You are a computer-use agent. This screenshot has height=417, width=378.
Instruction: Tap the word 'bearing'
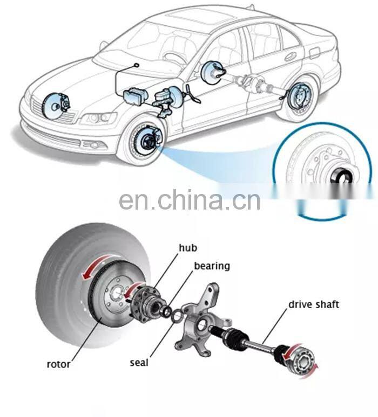tap(212, 266)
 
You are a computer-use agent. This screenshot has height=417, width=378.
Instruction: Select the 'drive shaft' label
tap(313, 304)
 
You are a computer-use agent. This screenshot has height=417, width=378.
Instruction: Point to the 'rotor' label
tap(58, 364)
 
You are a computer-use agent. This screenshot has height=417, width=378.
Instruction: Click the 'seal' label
tap(139, 362)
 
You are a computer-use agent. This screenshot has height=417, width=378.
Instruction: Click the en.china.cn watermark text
tap(190, 200)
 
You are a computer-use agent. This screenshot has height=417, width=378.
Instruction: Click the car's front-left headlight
tap(102, 117)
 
